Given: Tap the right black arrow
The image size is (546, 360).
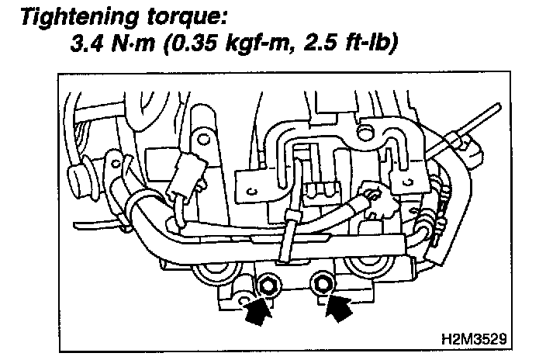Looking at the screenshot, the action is click(x=335, y=307).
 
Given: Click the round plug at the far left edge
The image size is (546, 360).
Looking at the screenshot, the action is click(x=75, y=171).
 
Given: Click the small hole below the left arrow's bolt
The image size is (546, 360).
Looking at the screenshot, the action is click(x=245, y=300).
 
